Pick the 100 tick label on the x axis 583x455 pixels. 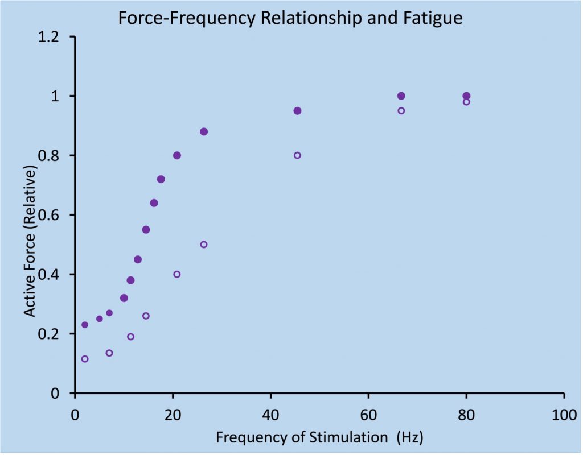(x=564, y=414)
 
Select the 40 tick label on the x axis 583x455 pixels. (x=270, y=414)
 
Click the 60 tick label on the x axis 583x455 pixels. (x=368, y=414)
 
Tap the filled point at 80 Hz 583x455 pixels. (x=466, y=96)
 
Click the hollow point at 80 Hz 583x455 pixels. (x=466, y=102)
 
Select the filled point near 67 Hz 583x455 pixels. (x=401, y=96)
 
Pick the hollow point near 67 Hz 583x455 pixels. (x=401, y=111)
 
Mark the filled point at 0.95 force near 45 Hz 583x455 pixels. (x=297, y=111)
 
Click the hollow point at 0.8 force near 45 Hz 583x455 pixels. (x=297, y=155)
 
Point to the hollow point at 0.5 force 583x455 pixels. (x=204, y=245)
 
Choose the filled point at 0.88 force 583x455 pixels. (x=204, y=131)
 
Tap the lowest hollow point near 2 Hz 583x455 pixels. (x=85, y=359)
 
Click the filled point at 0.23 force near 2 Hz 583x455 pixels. (x=85, y=325)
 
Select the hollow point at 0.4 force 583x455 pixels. (x=176, y=274)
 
